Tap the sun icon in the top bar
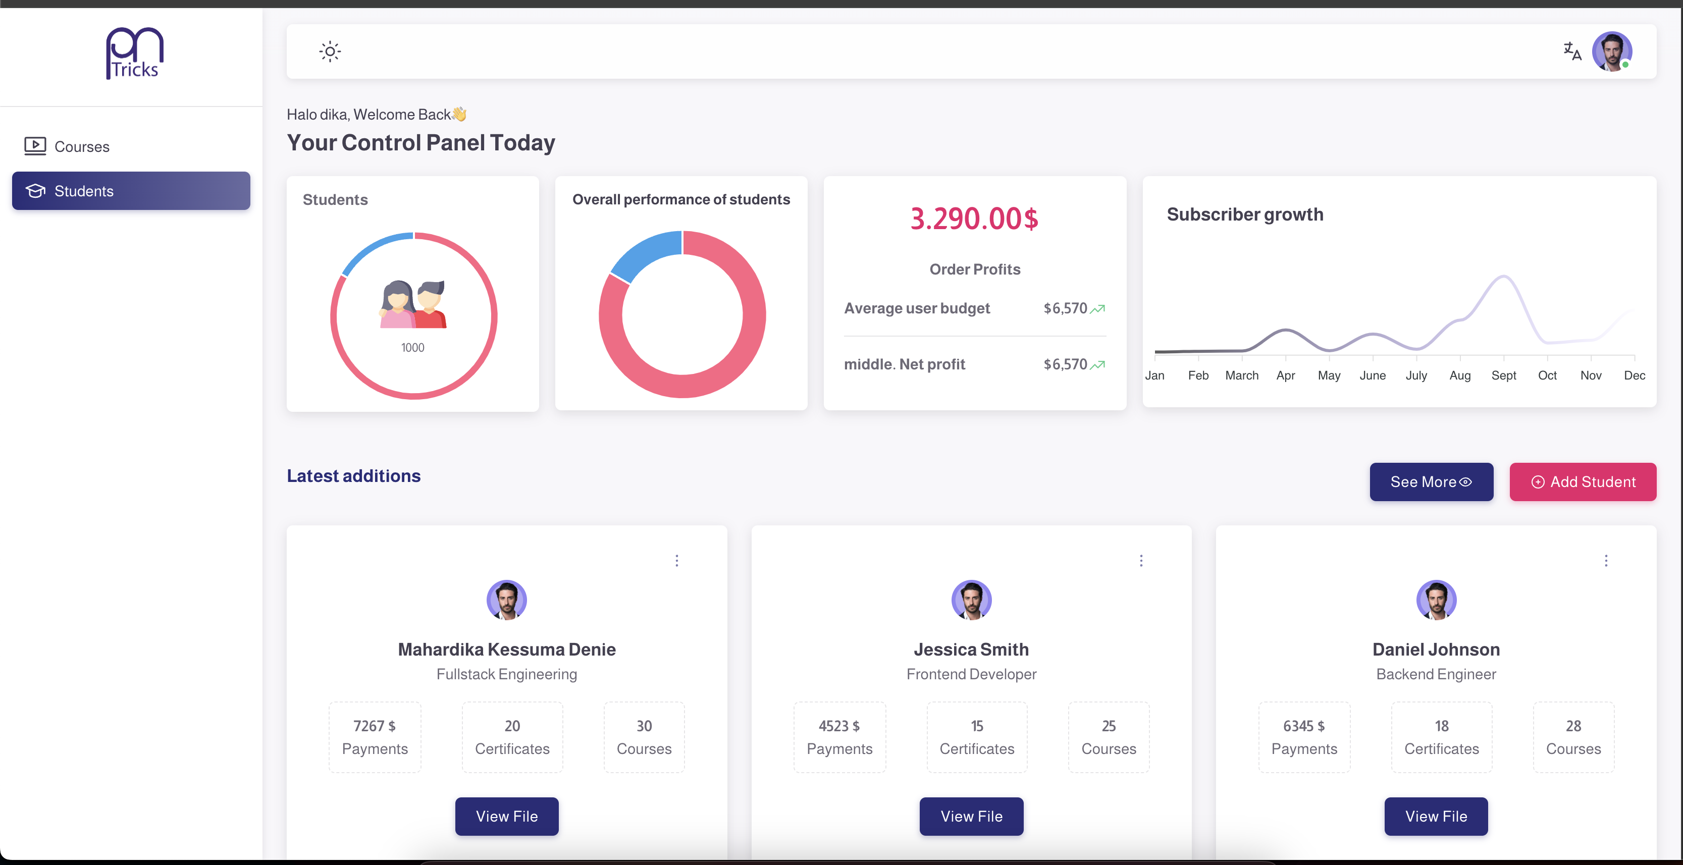coord(330,51)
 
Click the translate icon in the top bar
coord(1572,51)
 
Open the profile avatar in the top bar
coord(1611,51)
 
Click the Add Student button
coord(1583,481)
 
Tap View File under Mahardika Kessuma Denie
coord(506,816)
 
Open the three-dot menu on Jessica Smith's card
coord(1141,561)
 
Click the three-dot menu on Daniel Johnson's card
coord(1605,561)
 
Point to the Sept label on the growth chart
coord(1503,375)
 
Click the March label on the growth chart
coord(1241,375)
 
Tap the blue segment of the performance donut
coord(644,255)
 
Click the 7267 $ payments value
coord(375,726)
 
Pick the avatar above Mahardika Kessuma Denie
coord(506,599)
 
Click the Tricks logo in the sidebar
coord(135,53)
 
